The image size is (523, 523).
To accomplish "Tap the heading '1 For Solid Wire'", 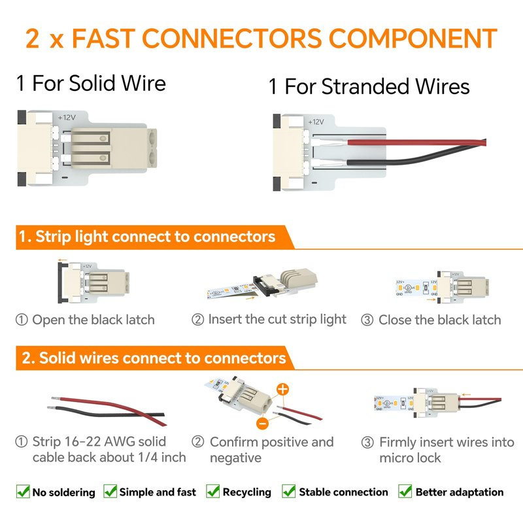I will (x=91, y=84).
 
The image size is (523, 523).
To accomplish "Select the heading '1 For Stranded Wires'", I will (x=369, y=87).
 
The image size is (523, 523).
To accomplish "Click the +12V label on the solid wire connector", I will (x=67, y=117).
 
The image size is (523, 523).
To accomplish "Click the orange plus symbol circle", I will (x=282, y=389).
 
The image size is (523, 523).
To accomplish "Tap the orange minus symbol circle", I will (x=261, y=422).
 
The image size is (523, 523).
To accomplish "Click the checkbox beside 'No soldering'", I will (x=23, y=492).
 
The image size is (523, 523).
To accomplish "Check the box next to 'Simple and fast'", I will (x=110, y=492).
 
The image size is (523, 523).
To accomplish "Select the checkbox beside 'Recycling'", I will (x=212, y=492).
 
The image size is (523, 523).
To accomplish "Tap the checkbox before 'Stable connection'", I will (x=289, y=492).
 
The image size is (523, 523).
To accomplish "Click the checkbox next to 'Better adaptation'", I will (x=405, y=492).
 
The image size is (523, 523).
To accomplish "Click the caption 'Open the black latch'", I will (x=93, y=320).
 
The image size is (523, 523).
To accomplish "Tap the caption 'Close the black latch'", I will (x=439, y=320).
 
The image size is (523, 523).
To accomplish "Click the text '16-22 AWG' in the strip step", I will (x=97, y=442).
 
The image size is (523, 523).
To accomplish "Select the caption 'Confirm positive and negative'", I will (x=271, y=449).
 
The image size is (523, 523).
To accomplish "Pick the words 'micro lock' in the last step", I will (x=410, y=458).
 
